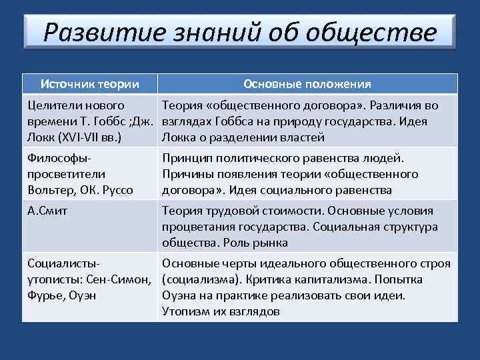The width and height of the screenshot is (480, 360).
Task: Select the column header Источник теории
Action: tap(90, 84)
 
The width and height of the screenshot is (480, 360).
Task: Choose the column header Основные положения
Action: tap(307, 84)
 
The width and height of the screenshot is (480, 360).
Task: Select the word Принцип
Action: tap(187, 159)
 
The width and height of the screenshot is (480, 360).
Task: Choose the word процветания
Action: tap(196, 227)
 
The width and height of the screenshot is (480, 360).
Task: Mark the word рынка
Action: tap(271, 243)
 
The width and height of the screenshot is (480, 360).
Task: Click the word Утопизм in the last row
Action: tap(185, 311)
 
